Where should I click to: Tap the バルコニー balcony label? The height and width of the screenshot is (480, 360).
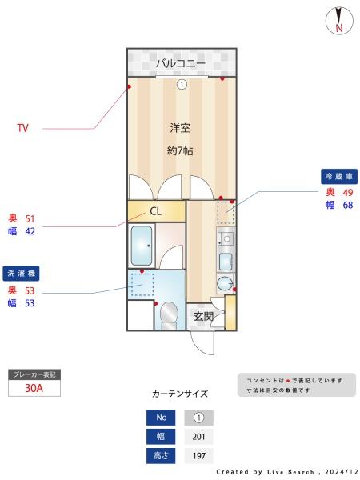[181, 63]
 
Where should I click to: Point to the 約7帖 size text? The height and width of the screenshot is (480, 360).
[180, 150]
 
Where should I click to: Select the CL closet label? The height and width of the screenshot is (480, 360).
[156, 211]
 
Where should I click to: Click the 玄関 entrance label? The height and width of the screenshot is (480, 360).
[204, 316]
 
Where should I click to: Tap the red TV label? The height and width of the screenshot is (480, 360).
[22, 127]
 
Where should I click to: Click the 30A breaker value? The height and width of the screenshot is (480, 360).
[34, 388]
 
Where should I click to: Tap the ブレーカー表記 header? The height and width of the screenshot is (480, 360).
[34, 374]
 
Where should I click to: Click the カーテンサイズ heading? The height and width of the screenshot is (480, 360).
[180, 394]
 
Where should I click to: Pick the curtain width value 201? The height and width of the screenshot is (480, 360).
[198, 437]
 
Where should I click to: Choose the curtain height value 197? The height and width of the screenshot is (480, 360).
[198, 456]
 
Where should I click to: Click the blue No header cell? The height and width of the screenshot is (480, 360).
[161, 418]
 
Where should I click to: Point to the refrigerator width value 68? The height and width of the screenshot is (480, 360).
[348, 205]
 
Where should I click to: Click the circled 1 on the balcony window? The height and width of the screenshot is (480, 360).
[182, 83]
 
